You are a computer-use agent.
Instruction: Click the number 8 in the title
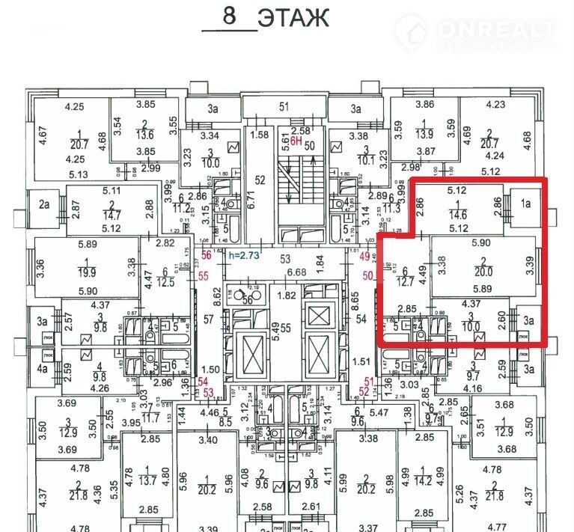[x=229, y=16]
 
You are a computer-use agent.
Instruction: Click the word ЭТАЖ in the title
[x=293, y=17]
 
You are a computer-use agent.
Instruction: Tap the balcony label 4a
[x=43, y=369]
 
